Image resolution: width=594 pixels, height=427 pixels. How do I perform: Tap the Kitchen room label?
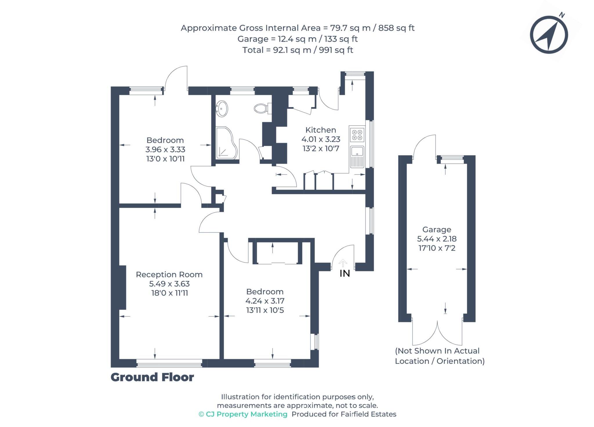pos(320,130)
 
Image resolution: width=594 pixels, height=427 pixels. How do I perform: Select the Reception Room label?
pos(169,274)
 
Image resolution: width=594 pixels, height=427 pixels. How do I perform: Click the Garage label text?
pos(437,229)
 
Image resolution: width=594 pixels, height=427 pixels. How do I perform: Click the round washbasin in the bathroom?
pos(222,108)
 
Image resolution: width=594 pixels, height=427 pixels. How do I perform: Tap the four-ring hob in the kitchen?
pos(357,135)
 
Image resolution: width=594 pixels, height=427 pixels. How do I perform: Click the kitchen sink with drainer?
pos(357,157)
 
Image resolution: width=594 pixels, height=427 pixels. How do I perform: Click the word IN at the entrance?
pos(345,273)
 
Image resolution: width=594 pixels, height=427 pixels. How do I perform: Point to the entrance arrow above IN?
pos(343,263)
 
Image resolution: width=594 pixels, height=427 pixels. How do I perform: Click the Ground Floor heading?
pos(152,377)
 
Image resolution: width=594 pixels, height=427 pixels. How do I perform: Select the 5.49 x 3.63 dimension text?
pos(169,284)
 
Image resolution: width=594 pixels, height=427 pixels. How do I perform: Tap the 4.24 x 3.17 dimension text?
pos(265,301)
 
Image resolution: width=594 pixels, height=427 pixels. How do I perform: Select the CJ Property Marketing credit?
pos(243,414)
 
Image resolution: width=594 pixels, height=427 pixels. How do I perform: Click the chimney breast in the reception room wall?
pos(122,287)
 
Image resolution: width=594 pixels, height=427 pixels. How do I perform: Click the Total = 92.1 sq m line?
pos(298,50)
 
